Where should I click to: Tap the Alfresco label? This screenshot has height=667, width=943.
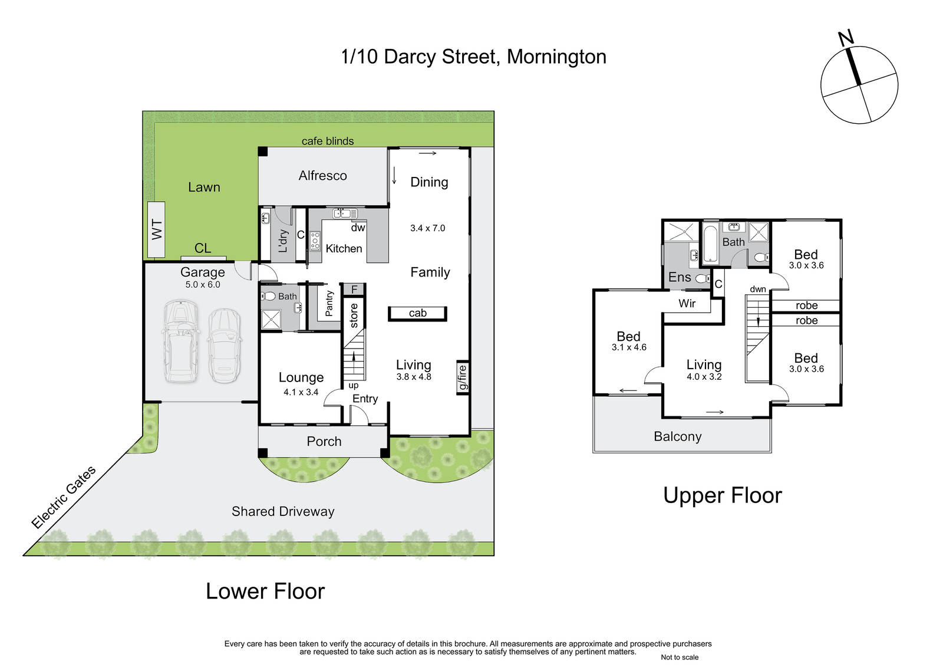pos(323,175)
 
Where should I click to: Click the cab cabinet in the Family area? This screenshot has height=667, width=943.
pos(417,314)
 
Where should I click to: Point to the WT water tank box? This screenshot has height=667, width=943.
pos(156,229)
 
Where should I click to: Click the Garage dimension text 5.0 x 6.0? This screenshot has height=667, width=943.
pos(203,284)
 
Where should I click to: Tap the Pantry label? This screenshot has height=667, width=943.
pos(329,303)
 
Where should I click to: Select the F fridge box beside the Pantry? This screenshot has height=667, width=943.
pos(354,290)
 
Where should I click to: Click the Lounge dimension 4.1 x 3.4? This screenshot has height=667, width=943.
pos(301,392)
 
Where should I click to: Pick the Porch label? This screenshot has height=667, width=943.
pos(324,441)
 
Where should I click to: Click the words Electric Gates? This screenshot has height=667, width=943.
pos(64,497)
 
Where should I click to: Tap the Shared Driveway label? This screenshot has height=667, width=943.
pos(283,511)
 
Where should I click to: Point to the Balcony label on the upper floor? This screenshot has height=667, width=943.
pos(678,436)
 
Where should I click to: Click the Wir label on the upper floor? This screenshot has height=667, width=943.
pos(687,303)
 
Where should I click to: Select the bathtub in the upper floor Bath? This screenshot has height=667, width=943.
pos(710,244)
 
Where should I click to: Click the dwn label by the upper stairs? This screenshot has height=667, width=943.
pos(758,289)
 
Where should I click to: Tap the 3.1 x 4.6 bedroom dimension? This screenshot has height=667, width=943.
pos(629,347)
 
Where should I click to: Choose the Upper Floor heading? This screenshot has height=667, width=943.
pos(723,495)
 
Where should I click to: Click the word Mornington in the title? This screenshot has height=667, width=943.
pos(556,57)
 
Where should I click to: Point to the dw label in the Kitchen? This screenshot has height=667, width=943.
pos(358,228)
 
